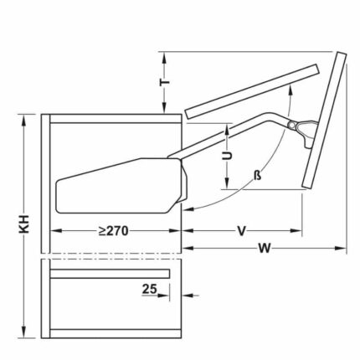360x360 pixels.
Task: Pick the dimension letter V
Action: [241, 231]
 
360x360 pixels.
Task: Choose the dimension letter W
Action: [264, 249]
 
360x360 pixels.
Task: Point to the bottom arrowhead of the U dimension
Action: [226, 188]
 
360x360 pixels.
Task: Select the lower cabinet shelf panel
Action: [109, 272]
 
